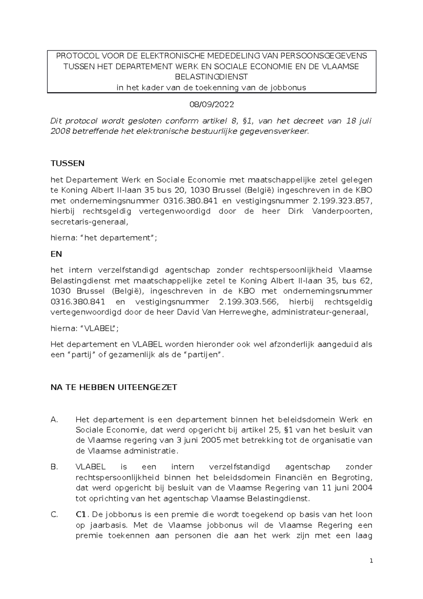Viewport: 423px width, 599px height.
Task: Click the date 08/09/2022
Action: click(x=212, y=105)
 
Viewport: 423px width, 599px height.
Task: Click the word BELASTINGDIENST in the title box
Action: click(x=212, y=77)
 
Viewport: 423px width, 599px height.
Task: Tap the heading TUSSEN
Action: click(x=68, y=163)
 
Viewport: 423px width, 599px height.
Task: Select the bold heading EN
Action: click(x=56, y=254)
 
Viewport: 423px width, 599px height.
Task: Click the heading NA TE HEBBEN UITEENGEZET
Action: click(x=114, y=387)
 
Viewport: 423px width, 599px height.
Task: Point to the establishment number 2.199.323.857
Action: click(x=342, y=201)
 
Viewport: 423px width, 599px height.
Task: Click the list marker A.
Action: click(x=54, y=420)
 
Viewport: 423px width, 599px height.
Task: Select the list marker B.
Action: click(x=54, y=467)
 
